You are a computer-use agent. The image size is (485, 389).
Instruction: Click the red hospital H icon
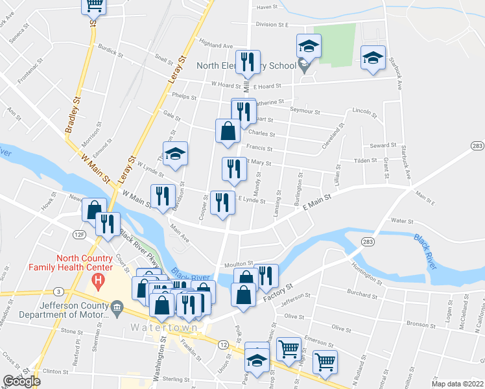[x=99, y=281]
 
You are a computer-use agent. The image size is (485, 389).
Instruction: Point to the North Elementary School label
[x=247, y=65]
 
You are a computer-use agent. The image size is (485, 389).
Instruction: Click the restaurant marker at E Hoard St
[x=248, y=62]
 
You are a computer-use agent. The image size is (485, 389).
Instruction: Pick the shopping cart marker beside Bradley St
[x=93, y=5]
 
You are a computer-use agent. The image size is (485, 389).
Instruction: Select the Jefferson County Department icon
[x=117, y=305]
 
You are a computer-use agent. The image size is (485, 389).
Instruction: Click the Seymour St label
[x=305, y=112]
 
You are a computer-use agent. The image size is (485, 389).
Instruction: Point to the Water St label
[x=401, y=221]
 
